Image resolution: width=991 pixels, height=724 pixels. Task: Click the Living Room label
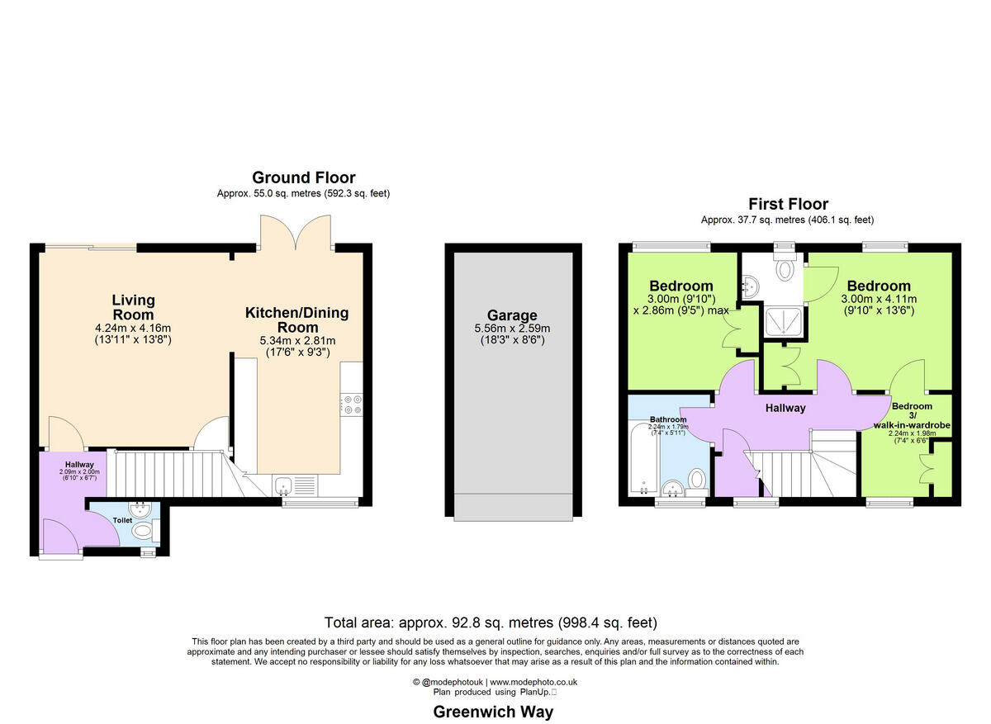coord(133,307)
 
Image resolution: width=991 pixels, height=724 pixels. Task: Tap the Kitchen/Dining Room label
coord(296,319)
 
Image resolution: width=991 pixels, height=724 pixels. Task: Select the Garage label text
coord(511,315)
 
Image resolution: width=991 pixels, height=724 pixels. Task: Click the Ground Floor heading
coord(303,177)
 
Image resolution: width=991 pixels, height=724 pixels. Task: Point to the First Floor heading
coord(788,204)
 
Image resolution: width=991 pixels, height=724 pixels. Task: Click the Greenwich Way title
coord(494,712)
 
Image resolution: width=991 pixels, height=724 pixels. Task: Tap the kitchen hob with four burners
coord(352,405)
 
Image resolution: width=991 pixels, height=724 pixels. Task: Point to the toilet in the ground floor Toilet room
coord(144,530)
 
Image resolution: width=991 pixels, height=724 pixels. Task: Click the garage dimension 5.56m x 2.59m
coord(511,328)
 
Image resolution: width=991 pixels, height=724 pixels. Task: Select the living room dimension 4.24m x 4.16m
coord(133,328)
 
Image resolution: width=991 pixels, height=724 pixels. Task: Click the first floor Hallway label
coord(785,408)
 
